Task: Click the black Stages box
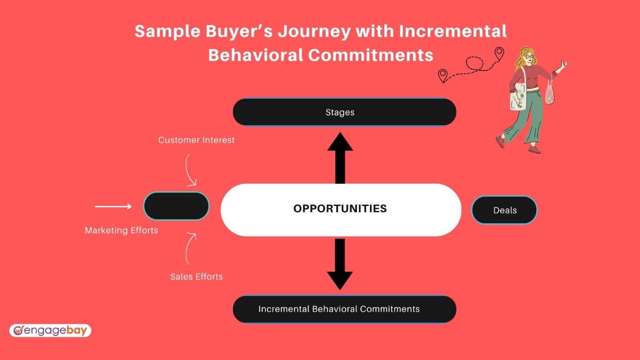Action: [344, 112]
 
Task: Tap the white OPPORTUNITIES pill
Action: [341, 210]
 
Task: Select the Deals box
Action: [504, 210]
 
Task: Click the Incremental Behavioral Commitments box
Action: [344, 309]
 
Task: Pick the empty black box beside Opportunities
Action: [176, 206]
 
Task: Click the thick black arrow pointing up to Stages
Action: [340, 158]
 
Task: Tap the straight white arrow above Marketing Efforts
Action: [113, 206]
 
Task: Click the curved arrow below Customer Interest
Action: [188, 171]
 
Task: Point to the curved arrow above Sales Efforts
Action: [188, 248]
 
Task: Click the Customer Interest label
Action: [197, 140]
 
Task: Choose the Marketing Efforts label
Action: [121, 230]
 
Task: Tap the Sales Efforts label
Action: [197, 277]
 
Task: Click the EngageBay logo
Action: [50, 331]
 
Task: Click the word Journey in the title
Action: [314, 31]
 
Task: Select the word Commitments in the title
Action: [370, 55]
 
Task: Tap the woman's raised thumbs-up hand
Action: [563, 64]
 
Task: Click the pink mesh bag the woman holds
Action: [549, 92]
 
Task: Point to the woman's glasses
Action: [529, 57]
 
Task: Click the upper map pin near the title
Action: [499, 54]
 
